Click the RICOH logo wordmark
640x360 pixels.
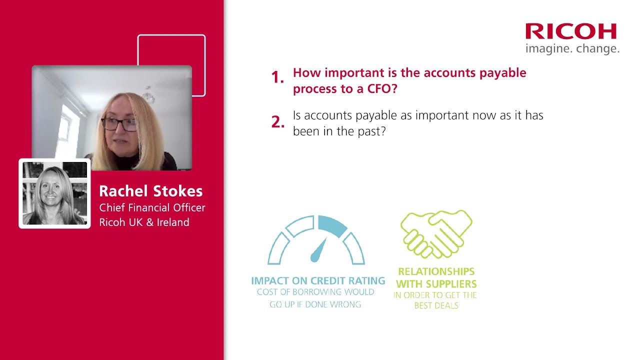click(x=571, y=31)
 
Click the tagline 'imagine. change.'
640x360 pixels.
click(x=572, y=49)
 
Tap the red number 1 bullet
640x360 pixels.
click(x=277, y=77)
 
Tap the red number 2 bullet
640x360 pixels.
click(x=277, y=121)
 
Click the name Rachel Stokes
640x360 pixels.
click(x=150, y=191)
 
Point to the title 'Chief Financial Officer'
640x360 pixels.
click(x=152, y=207)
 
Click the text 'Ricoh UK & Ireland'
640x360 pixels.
click(x=144, y=222)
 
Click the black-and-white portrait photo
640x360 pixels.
click(x=54, y=193)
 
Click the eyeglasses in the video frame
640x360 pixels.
click(x=119, y=124)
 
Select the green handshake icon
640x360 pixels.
click(x=436, y=233)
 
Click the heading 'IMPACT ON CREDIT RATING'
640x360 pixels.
click(x=318, y=281)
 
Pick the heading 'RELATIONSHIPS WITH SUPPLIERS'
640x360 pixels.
click(x=436, y=278)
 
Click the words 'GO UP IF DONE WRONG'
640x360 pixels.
click(x=315, y=304)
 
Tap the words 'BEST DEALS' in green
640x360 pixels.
click(x=436, y=305)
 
